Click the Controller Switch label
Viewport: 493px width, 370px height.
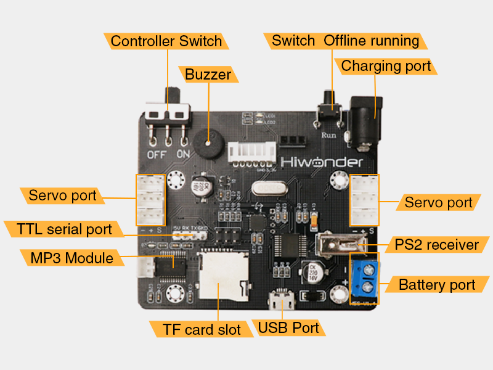click(166, 41)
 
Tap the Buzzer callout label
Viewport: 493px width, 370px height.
click(208, 75)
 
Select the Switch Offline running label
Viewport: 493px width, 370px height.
click(346, 41)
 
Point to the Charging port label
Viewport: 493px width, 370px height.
click(386, 66)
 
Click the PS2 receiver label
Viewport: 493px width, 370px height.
click(436, 245)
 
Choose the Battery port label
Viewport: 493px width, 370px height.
click(437, 285)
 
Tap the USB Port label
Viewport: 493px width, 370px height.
click(288, 327)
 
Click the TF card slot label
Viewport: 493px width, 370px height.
click(202, 329)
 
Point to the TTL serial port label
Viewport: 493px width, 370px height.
click(64, 229)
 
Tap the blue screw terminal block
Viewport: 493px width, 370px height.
click(365, 279)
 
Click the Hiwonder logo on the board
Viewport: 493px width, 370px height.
click(322, 162)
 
